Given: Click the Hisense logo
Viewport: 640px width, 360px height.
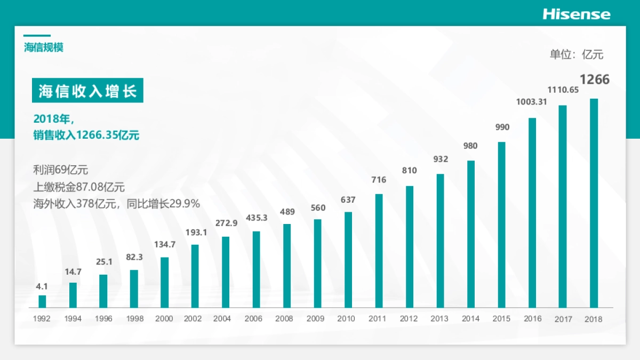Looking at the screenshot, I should [x=577, y=14].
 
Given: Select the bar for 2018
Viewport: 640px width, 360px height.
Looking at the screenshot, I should [x=594, y=203].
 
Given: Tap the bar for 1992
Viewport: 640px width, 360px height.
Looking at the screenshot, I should [x=42, y=302].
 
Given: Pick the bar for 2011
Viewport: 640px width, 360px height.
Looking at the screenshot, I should [x=379, y=251].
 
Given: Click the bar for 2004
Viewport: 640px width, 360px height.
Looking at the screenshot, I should [x=226, y=272].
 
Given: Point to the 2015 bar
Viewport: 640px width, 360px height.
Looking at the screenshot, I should [x=501, y=225].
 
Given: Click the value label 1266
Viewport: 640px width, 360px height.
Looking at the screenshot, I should [x=594, y=80].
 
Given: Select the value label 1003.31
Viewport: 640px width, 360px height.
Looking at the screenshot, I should [x=531, y=102].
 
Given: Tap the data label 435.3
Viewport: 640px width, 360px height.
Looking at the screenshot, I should [x=257, y=218].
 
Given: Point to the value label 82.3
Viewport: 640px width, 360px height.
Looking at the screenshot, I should [x=134, y=257].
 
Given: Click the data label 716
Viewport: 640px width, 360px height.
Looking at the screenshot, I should [x=379, y=180].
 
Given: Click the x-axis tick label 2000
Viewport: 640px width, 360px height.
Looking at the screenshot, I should [x=164, y=319].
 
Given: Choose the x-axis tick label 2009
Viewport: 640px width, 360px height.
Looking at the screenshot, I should [x=316, y=319].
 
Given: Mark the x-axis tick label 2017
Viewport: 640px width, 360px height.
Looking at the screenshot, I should [x=563, y=319].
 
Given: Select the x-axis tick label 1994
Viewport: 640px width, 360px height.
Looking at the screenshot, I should [x=73, y=319].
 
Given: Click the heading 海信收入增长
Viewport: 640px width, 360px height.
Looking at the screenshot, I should [x=88, y=92].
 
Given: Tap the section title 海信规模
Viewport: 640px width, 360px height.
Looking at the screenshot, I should [x=44, y=47].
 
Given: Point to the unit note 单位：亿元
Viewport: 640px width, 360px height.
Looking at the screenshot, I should [x=577, y=54].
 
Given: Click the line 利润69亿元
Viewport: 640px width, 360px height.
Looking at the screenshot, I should [x=60, y=171].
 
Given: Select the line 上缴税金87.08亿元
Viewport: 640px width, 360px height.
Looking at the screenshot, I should [x=79, y=187].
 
